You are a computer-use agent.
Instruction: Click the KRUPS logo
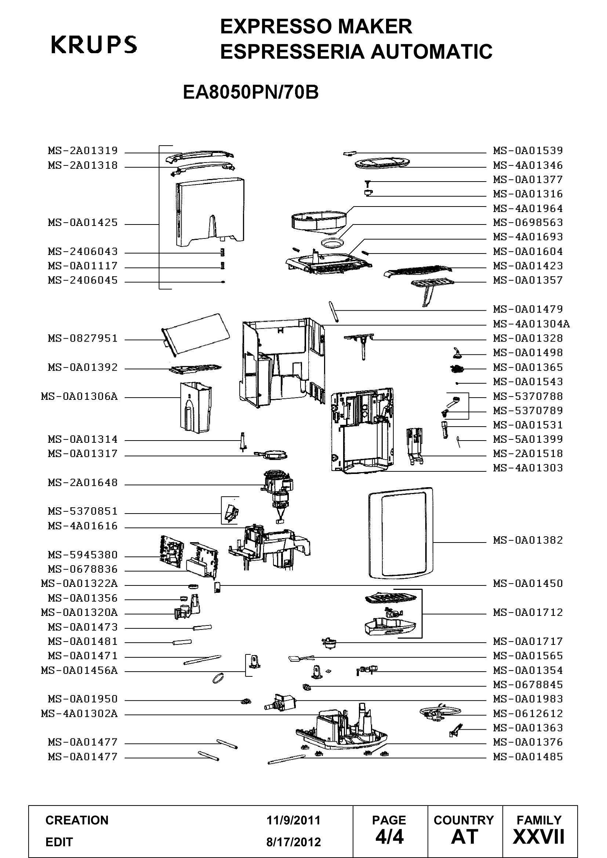[94, 45]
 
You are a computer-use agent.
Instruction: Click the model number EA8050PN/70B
[251, 92]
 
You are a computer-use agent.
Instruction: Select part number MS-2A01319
[83, 151]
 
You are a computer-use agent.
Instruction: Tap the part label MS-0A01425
[83, 223]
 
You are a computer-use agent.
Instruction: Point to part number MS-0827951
[83, 339]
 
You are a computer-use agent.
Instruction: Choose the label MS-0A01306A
[79, 396]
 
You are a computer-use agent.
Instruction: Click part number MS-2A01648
[83, 483]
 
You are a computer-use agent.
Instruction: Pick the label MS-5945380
[83, 555]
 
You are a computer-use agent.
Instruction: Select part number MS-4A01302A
[79, 714]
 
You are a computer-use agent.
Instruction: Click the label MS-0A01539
[528, 151]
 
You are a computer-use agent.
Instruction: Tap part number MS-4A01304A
[531, 324]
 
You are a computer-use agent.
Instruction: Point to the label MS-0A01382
[528, 540]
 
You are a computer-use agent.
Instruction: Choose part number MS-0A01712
[528, 613]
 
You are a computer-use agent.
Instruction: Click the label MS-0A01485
[528, 757]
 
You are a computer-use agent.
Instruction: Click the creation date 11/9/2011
[294, 820]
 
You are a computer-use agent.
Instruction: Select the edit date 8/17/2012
[294, 842]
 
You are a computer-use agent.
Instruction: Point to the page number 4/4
[389, 837]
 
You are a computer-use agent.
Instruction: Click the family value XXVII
[539, 837]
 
